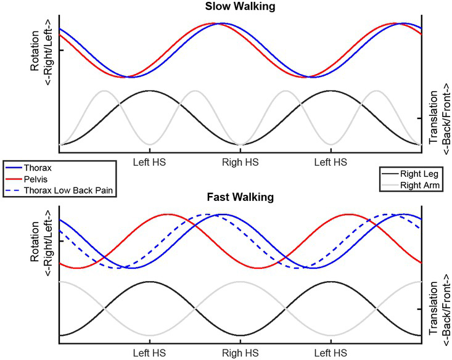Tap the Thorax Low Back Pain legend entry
coord(68,189)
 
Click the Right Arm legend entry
coord(416,184)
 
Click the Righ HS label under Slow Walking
coord(240,162)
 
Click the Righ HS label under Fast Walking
coord(240,354)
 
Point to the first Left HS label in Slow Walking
coord(149,162)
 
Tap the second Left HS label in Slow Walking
coord(331,162)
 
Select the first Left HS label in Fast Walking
coord(149,354)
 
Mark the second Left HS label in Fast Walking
coord(331,354)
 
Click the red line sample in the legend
coord(14,178)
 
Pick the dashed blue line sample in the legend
coord(14,189)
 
